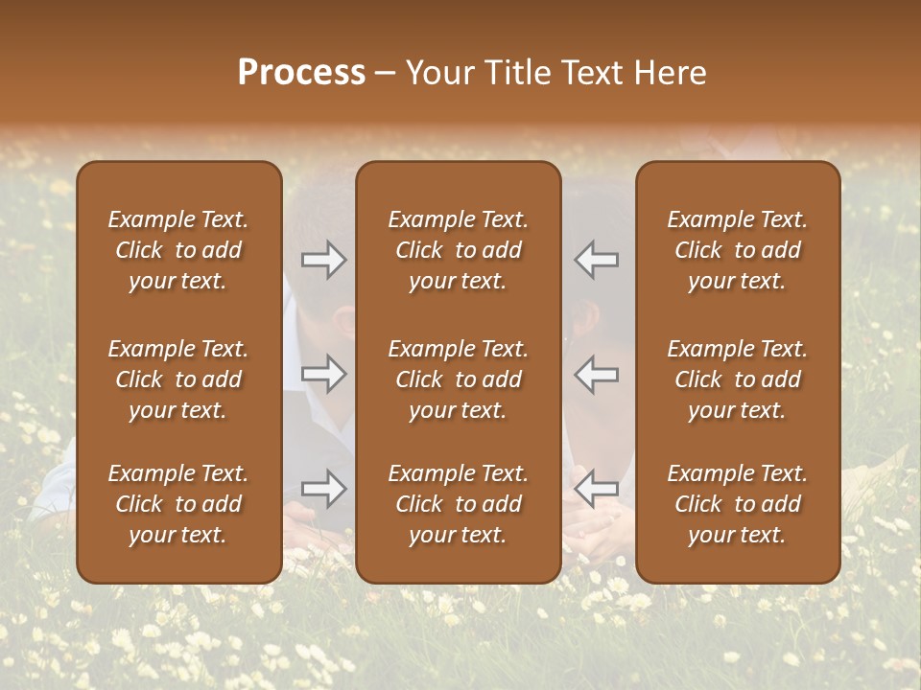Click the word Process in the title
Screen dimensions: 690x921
(301, 73)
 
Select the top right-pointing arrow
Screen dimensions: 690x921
(323, 260)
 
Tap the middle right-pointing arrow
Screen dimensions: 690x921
(323, 374)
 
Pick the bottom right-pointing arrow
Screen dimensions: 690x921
(323, 489)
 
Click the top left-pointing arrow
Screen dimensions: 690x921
(597, 260)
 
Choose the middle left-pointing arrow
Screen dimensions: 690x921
(597, 374)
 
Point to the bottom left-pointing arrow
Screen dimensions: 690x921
(597, 489)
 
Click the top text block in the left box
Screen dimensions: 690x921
(178, 250)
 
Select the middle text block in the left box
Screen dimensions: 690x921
(178, 379)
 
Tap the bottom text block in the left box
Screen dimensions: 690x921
(178, 504)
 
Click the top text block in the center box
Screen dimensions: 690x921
(459, 250)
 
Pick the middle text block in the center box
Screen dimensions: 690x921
(459, 379)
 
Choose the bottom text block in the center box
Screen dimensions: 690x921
(459, 504)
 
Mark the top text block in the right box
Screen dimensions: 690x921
(738, 250)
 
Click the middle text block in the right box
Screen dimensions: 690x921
(738, 379)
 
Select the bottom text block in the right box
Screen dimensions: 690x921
(738, 504)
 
